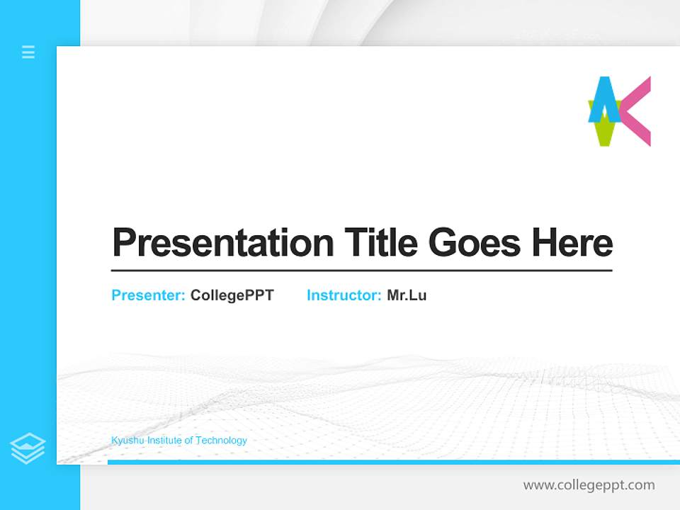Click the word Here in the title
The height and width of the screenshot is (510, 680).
click(x=572, y=243)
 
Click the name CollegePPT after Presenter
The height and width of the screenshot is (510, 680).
click(x=232, y=295)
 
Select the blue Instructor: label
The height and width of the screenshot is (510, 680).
click(x=344, y=295)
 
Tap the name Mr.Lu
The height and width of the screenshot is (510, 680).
click(x=407, y=295)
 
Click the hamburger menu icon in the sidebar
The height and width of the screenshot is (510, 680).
click(x=28, y=52)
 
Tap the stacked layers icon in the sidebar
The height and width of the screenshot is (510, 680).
click(x=28, y=448)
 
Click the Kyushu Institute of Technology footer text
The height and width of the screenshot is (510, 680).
click(x=179, y=441)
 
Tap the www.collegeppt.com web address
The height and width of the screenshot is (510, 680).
click(x=589, y=485)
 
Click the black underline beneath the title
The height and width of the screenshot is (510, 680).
click(x=361, y=271)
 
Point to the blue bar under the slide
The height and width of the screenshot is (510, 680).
click(x=393, y=462)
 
